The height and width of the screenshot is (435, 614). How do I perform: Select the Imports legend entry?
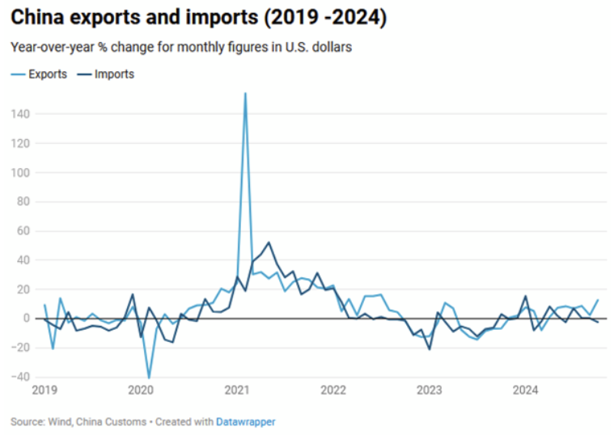tap(113, 74)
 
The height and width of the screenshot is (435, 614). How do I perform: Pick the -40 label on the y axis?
tap(21, 377)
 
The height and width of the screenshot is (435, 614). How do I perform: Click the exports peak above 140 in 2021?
tap(245, 94)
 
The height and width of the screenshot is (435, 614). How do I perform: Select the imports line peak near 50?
tap(269, 243)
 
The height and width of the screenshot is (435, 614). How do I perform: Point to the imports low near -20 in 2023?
tap(429, 348)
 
